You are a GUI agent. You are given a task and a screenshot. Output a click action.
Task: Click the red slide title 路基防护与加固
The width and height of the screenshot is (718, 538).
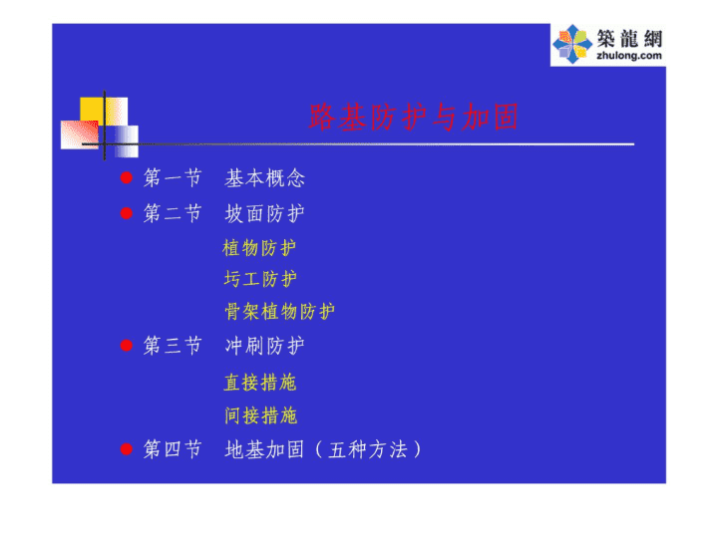(414, 118)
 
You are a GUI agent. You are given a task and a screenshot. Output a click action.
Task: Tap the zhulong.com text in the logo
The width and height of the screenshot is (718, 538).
(629, 56)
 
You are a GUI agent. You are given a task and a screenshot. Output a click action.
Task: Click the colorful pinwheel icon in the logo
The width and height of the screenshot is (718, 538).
(572, 44)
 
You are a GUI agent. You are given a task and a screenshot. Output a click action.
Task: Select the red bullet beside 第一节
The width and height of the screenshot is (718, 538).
(127, 177)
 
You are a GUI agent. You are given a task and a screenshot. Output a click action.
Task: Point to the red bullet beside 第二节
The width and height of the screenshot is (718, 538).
(127, 213)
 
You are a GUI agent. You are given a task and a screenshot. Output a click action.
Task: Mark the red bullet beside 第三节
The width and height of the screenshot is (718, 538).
(127, 346)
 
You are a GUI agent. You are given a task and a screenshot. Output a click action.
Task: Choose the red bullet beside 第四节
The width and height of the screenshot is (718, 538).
(127, 449)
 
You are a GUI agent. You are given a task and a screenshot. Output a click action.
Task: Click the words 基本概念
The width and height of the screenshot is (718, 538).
(264, 178)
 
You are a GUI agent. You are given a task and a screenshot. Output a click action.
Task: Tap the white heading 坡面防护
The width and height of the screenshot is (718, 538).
(264, 213)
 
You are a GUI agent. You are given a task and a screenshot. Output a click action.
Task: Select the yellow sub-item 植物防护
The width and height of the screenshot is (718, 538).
(259, 248)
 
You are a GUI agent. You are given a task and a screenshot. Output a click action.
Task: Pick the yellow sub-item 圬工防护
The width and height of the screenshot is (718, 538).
(260, 279)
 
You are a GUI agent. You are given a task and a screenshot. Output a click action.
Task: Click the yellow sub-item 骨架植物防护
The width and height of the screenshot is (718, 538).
(279, 312)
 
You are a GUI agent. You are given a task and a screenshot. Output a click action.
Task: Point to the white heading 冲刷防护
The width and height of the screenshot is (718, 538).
(264, 346)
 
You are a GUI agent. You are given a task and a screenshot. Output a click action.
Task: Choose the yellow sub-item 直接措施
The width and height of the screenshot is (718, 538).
(260, 383)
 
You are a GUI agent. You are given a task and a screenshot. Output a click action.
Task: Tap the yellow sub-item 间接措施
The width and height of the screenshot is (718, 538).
(260, 415)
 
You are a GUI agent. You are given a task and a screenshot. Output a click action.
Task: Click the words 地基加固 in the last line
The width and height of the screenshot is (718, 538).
(264, 449)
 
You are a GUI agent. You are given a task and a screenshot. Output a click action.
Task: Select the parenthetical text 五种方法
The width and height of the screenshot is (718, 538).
(368, 449)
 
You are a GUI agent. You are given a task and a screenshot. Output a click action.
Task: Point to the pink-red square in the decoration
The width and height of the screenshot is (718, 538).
(79, 134)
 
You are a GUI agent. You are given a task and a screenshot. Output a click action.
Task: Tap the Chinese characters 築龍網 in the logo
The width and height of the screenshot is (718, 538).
(629, 38)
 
